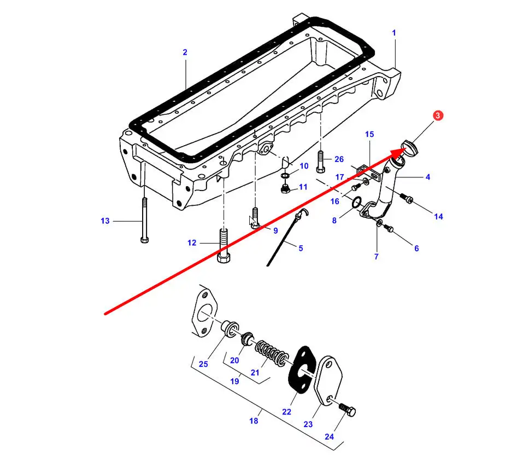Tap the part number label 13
coord(105,221)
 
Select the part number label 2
coord(185,53)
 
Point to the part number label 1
coord(394,33)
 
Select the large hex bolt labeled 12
coord(222,246)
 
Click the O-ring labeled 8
coord(356,204)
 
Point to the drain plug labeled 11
coord(285,189)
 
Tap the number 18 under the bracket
coord(254,421)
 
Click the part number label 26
coord(339,159)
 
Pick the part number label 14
coord(438,217)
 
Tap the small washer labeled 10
coord(285,176)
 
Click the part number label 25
coord(203,364)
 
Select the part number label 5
coord(301,248)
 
